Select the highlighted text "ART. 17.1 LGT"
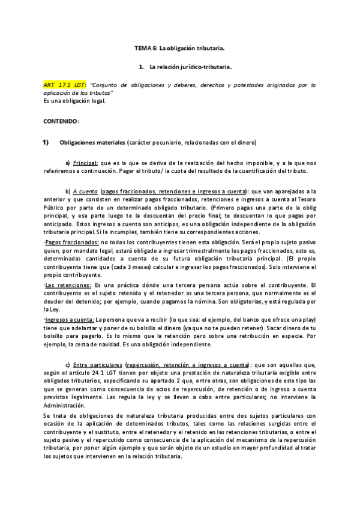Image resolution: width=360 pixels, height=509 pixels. click(x=65, y=85)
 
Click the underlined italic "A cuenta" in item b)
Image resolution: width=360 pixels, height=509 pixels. click(x=86, y=191)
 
